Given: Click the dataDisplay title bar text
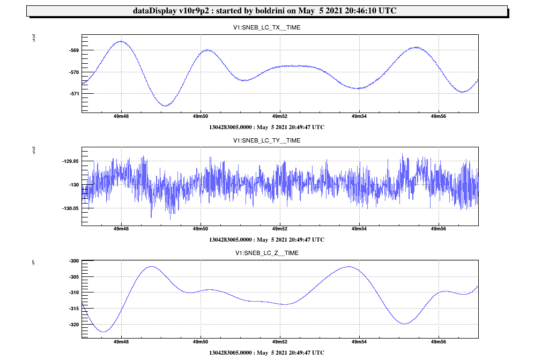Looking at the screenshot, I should [x=266, y=11].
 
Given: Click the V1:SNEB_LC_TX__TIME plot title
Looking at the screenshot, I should [x=266, y=27].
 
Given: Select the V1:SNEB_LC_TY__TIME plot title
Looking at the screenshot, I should [x=266, y=140].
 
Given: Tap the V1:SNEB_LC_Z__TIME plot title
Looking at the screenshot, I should [x=266, y=253].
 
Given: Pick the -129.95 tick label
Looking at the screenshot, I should [x=70, y=161].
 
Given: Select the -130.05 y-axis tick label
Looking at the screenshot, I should [x=70, y=208].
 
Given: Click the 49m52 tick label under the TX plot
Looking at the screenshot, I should [x=280, y=116].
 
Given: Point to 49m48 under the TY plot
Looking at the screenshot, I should [x=121, y=229].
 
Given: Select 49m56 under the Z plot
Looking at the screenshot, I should [x=439, y=341].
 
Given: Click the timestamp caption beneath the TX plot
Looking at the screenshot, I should [x=266, y=127].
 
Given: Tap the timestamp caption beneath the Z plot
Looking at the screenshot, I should [x=266, y=352].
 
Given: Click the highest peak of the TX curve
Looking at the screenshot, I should [x=121, y=41].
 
